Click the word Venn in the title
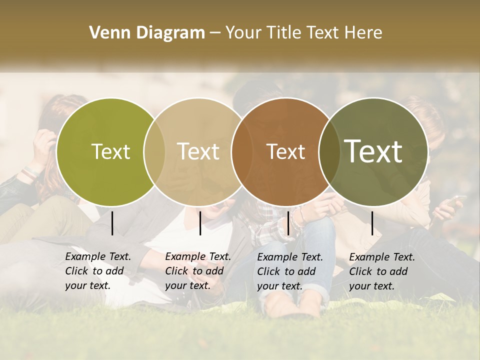[x=107, y=33]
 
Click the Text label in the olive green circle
[x=110, y=152]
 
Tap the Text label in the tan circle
[x=198, y=152]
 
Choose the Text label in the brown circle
[x=285, y=152]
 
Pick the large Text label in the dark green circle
[x=373, y=151]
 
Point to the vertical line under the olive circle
[x=112, y=223]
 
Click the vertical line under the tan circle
[x=200, y=223]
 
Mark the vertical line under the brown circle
[x=288, y=223]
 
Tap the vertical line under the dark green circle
[x=372, y=223]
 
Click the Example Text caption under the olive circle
[x=98, y=271]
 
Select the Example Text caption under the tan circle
[x=198, y=271]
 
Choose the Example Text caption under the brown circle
[x=290, y=271]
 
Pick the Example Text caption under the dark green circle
[x=382, y=271]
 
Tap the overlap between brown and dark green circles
[x=329, y=152]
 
